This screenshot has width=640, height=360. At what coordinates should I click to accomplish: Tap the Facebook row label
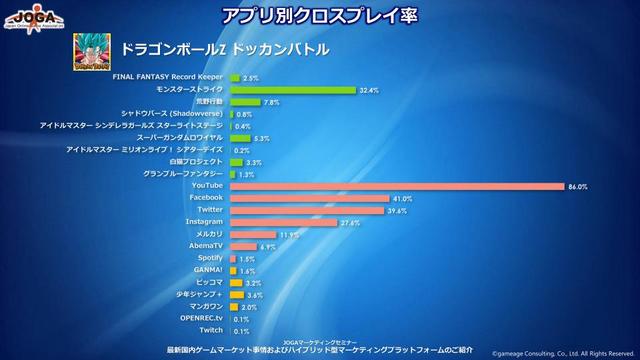click(206, 198)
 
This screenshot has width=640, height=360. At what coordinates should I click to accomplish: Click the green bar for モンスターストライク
click(293, 90)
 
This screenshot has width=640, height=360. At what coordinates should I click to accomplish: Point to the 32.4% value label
click(369, 90)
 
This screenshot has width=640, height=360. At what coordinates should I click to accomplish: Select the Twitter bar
click(307, 210)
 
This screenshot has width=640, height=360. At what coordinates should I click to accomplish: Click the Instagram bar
click(284, 222)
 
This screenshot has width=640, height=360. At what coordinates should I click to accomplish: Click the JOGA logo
click(34, 17)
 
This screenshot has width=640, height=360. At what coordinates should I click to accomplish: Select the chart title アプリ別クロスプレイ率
click(319, 15)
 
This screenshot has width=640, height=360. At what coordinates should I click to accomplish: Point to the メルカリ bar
click(253, 234)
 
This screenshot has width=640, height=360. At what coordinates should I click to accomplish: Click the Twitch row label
click(210, 330)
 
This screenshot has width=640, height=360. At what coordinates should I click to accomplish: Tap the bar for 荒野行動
click(245, 102)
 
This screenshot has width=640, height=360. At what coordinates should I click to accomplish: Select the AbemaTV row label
click(205, 246)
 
